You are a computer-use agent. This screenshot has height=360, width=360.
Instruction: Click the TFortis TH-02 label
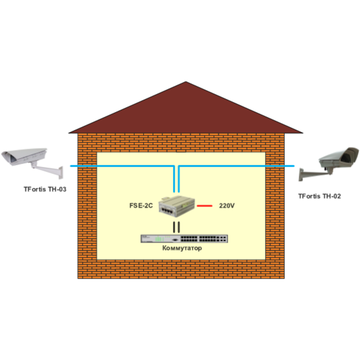click(319, 196)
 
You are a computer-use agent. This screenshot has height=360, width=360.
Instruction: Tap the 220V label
click(227, 206)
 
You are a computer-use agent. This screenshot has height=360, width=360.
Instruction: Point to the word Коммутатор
click(182, 248)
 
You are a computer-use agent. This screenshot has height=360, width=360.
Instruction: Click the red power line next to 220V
click(204, 206)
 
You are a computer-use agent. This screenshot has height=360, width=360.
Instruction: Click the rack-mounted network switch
click(184, 238)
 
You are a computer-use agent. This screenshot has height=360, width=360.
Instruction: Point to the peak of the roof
click(186, 82)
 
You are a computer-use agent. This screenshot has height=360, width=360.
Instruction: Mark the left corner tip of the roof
click(69, 132)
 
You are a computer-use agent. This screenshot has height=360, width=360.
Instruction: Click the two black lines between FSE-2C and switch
click(176, 227)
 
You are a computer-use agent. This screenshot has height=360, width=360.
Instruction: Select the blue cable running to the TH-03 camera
click(122, 166)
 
